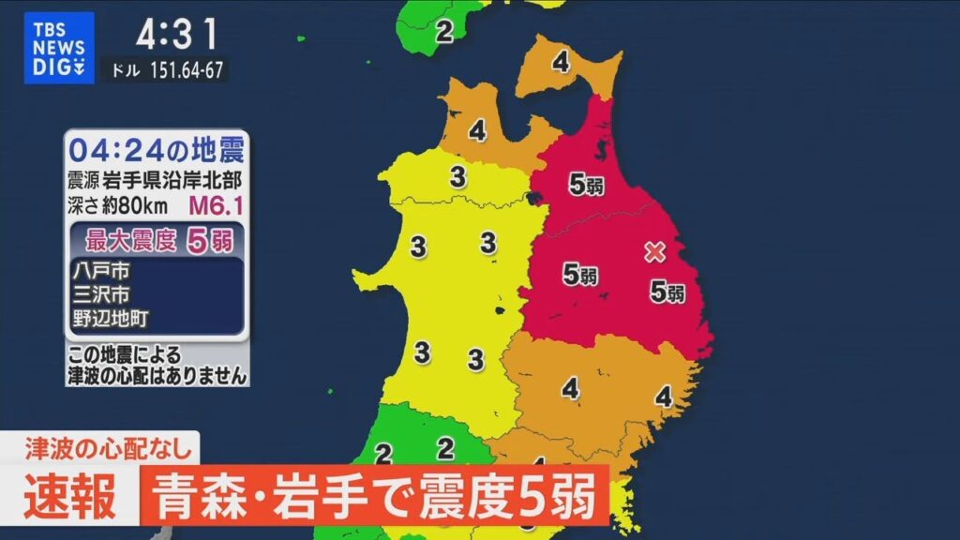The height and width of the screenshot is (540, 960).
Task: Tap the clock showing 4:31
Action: pos(177,37)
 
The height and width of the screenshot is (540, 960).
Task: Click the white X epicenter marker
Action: pos(655,251)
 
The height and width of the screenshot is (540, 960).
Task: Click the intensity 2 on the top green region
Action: pos(444,31)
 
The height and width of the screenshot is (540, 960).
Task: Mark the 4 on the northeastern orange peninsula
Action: pos(561,64)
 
